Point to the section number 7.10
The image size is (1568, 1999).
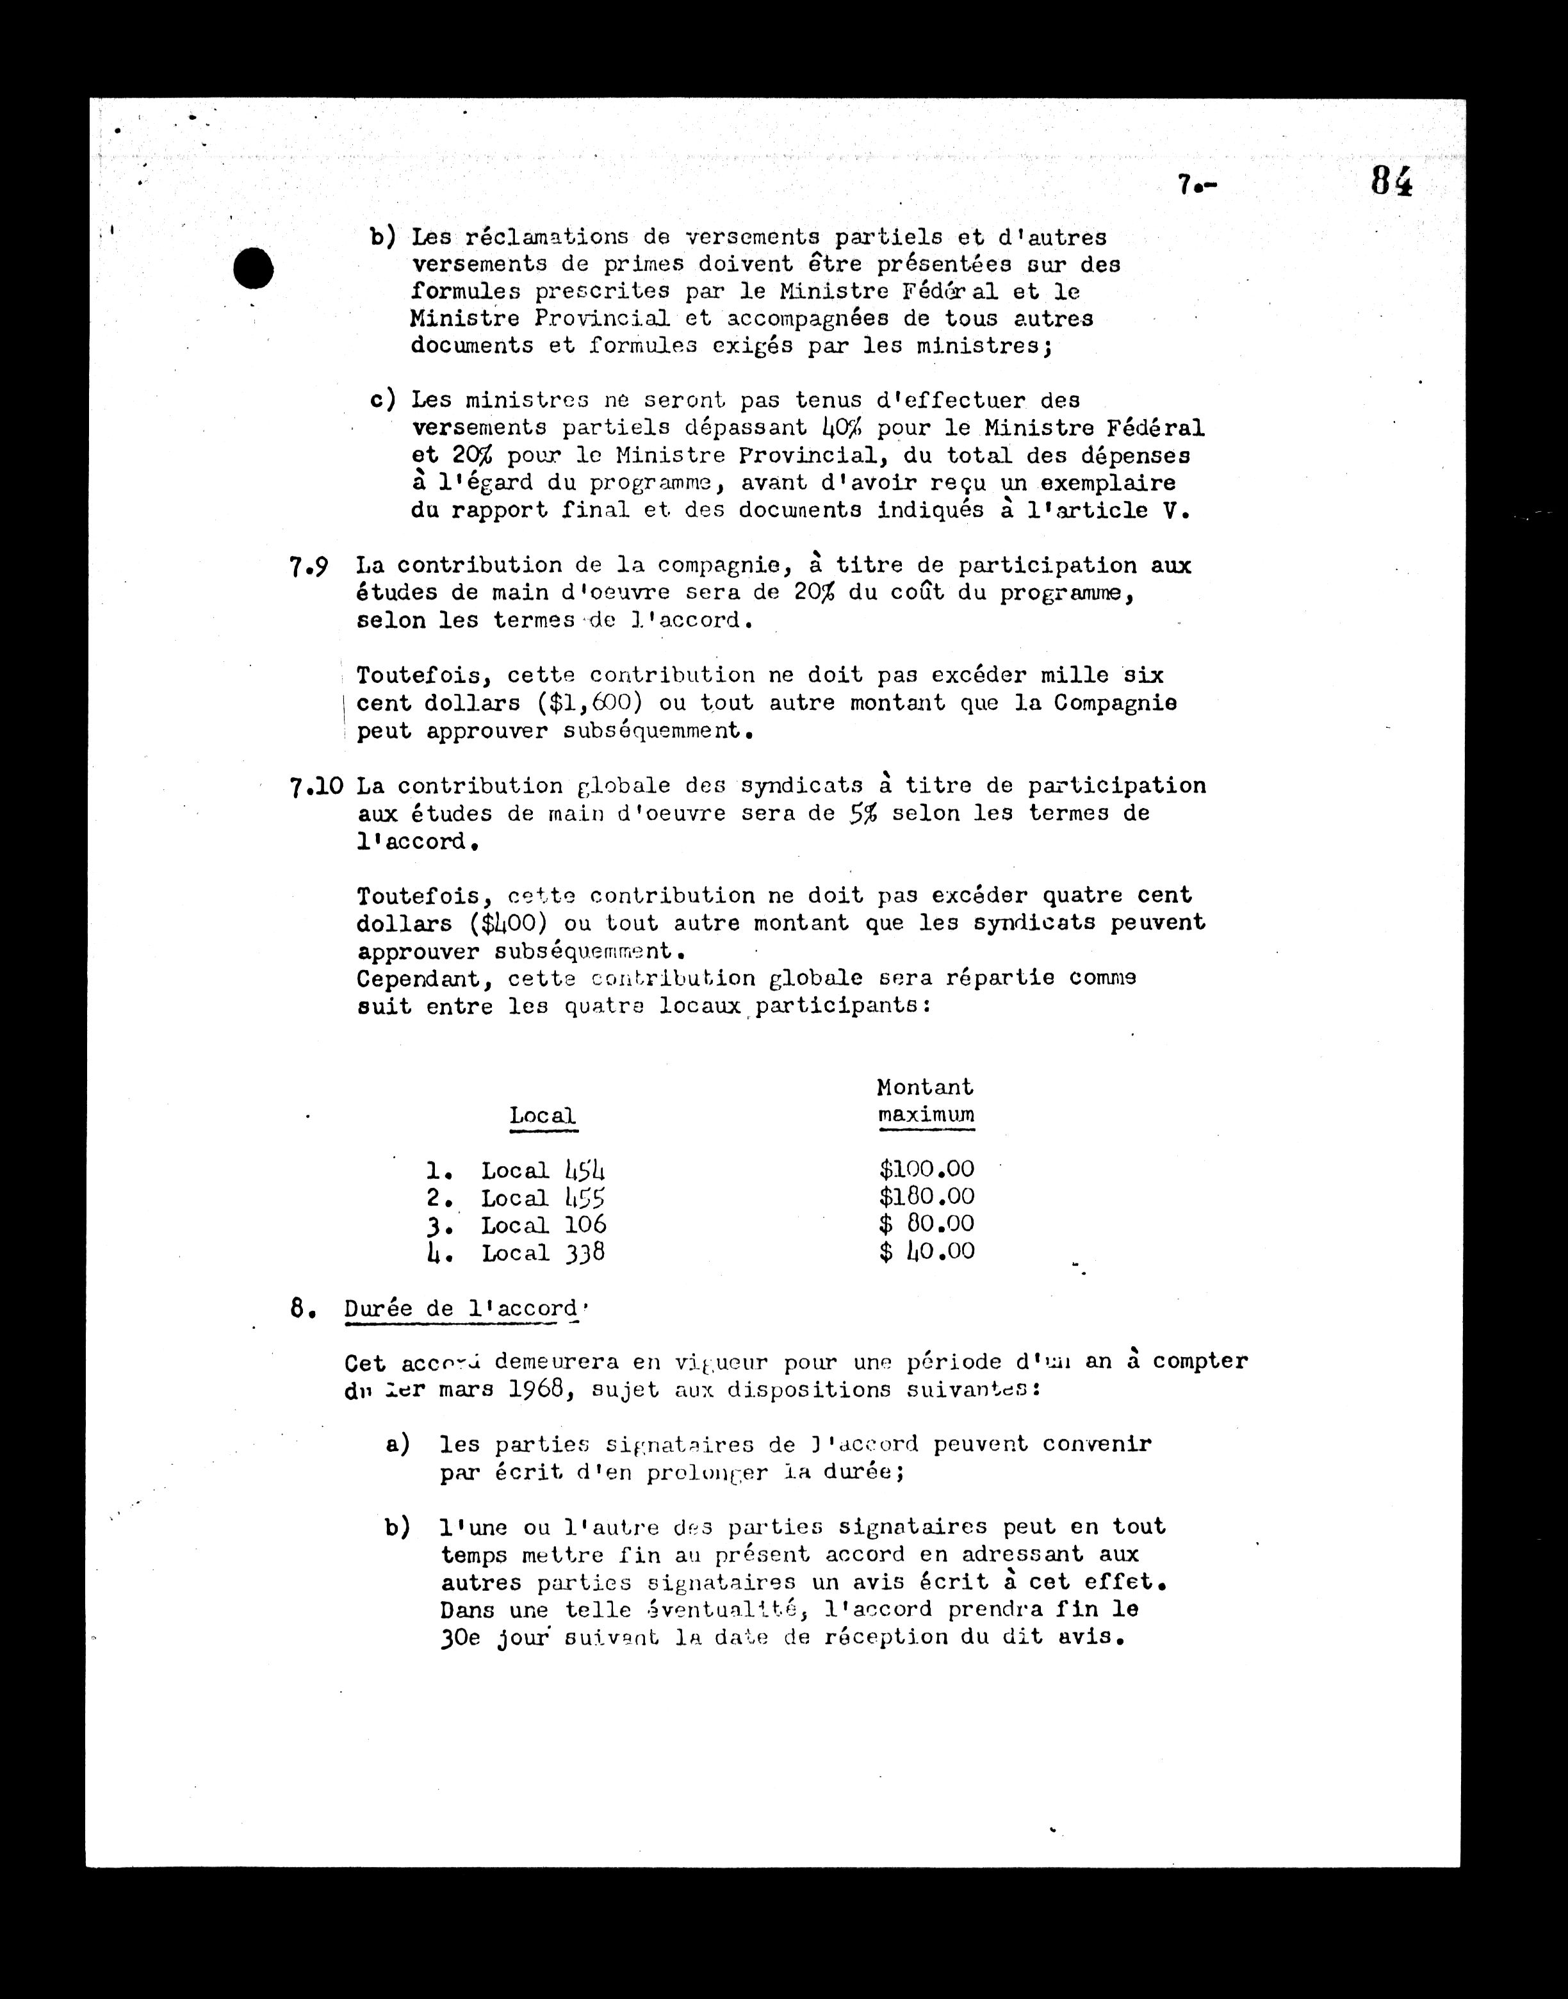(316, 787)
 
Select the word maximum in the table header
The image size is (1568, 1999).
(926, 1115)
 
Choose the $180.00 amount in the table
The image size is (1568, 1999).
(926, 1196)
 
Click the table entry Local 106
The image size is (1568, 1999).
(543, 1225)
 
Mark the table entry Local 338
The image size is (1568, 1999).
(543, 1253)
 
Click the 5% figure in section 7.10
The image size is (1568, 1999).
(863, 814)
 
